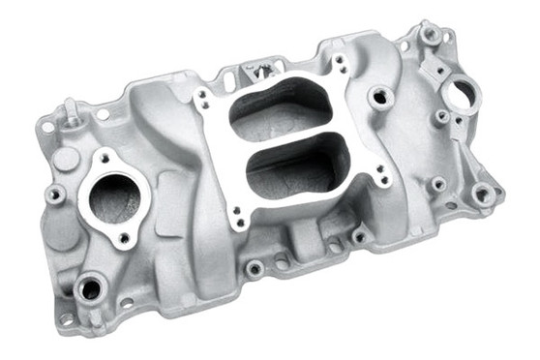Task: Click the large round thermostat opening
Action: point(114,198)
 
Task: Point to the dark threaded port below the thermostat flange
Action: point(91,287)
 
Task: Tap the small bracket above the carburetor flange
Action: point(257,71)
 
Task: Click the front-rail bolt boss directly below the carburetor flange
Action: point(255,268)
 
